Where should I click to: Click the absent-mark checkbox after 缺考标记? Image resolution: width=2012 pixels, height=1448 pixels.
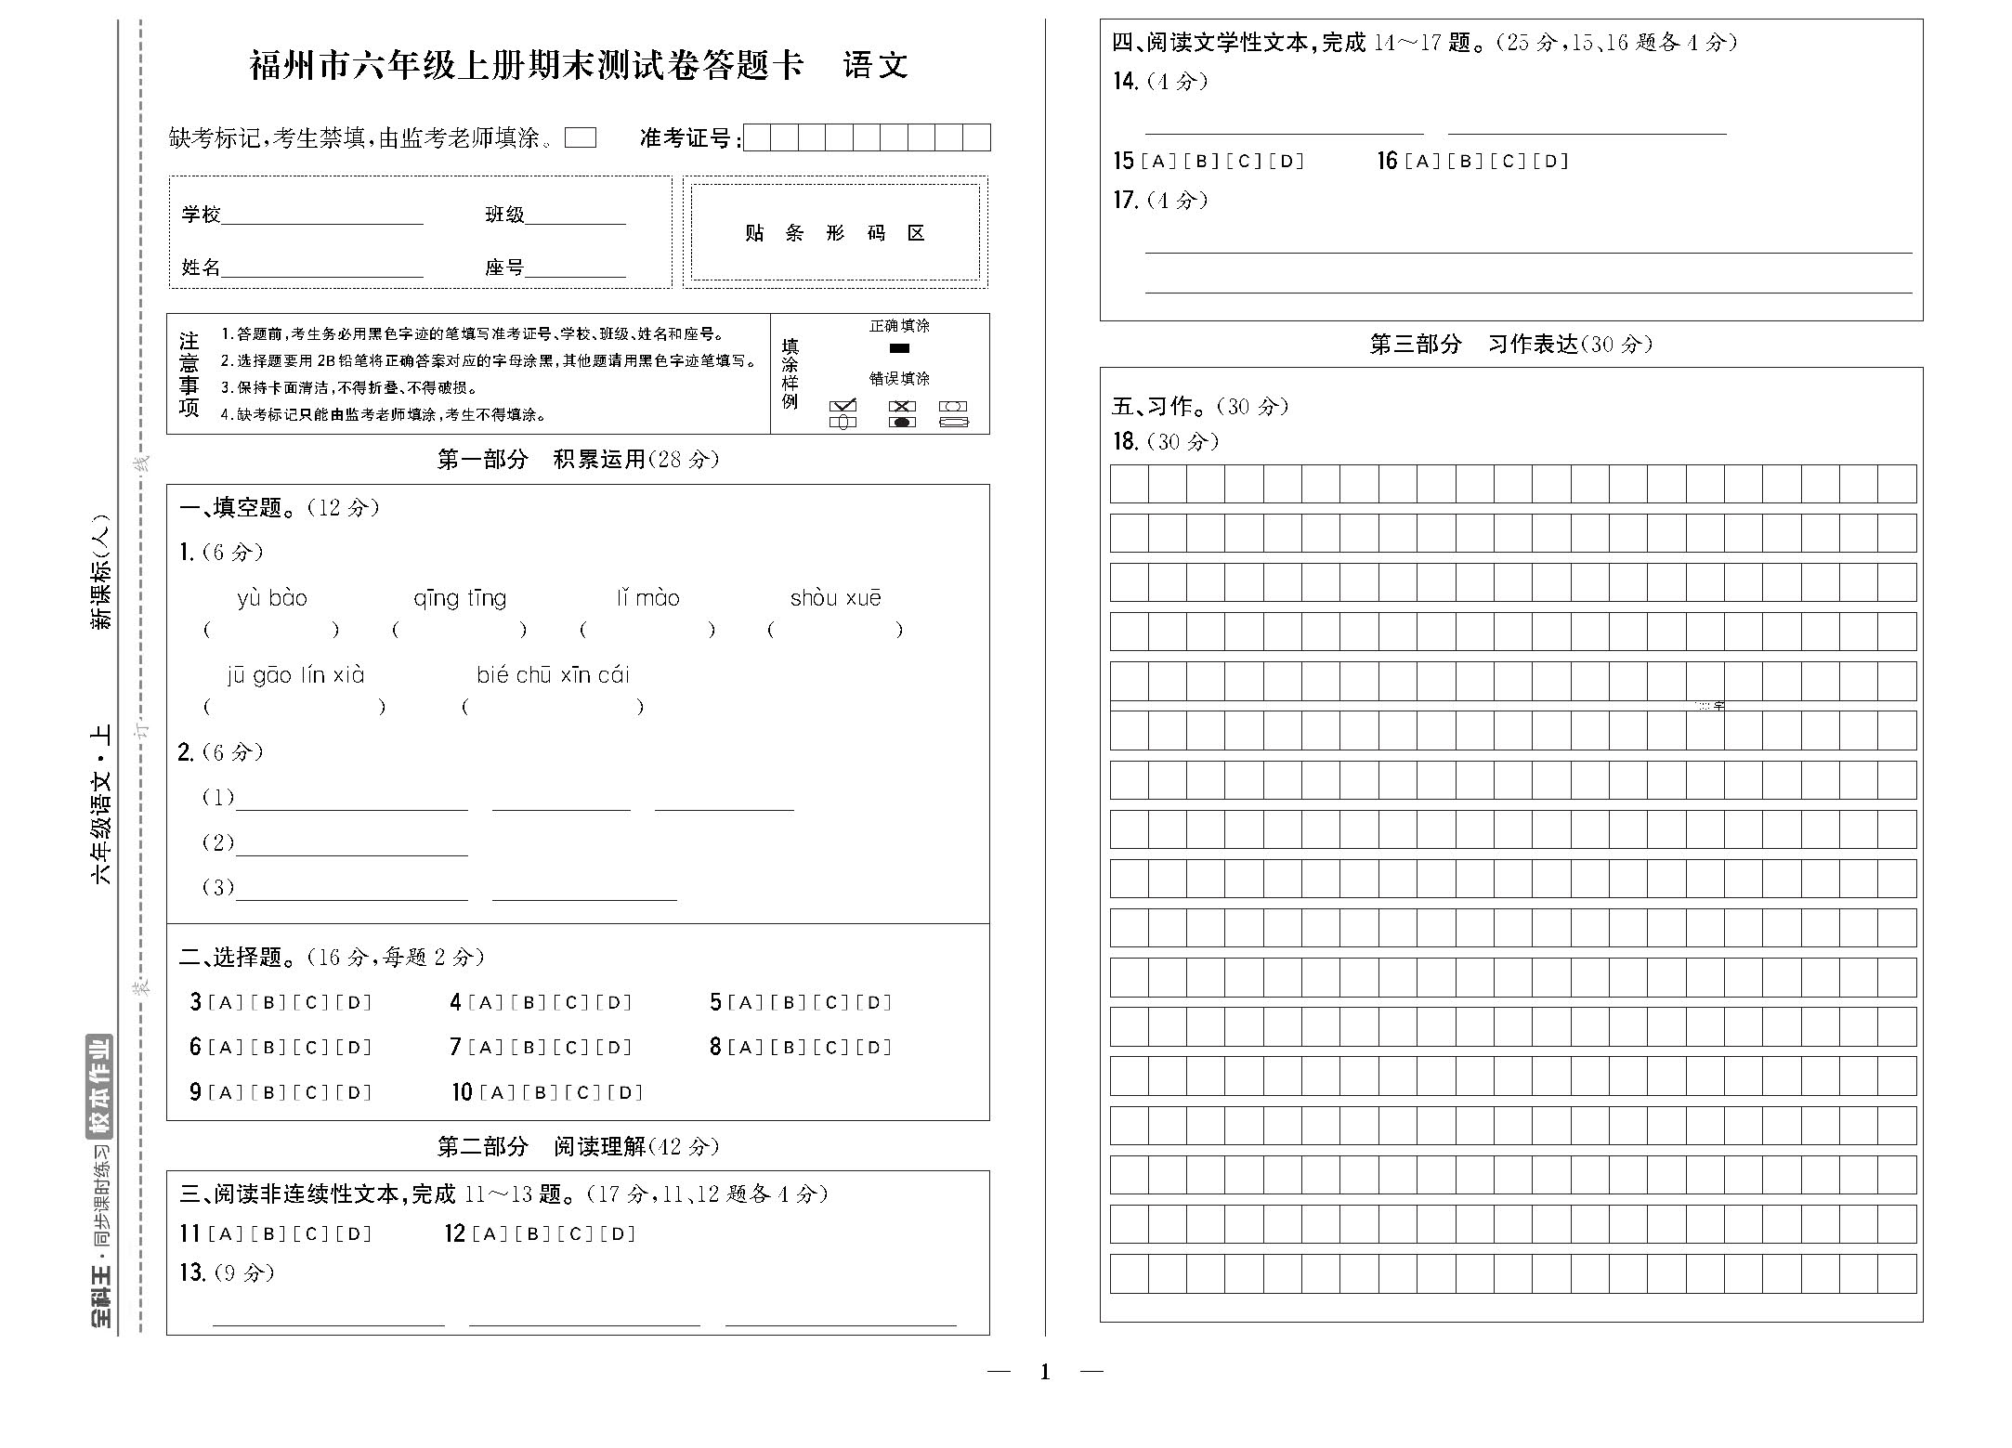pos(581,137)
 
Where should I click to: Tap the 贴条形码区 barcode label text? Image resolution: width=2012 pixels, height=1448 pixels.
pos(834,233)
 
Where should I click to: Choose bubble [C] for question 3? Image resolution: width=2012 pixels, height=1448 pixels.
pos(311,1002)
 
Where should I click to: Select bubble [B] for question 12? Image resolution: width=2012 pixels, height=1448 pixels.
pos(532,1234)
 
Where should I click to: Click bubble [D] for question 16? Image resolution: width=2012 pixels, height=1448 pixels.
pos(1550,162)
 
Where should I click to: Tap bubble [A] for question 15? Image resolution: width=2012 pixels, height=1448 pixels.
pos(1158,162)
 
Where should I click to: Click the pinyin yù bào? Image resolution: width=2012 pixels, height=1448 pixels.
pos(271,598)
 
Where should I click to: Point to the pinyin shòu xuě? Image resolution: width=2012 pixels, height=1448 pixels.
pos(835,598)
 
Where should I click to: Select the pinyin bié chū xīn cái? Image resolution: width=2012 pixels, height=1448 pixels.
pos(553,675)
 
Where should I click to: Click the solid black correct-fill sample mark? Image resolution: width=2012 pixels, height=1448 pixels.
pos(898,348)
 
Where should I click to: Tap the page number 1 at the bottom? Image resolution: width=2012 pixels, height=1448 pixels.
pos(1045,1372)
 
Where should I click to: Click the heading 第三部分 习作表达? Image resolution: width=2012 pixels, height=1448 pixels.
pos(1510,345)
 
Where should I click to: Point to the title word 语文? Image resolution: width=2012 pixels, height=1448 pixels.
pos(875,66)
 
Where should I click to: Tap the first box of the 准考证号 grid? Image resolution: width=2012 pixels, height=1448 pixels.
pos(757,137)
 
